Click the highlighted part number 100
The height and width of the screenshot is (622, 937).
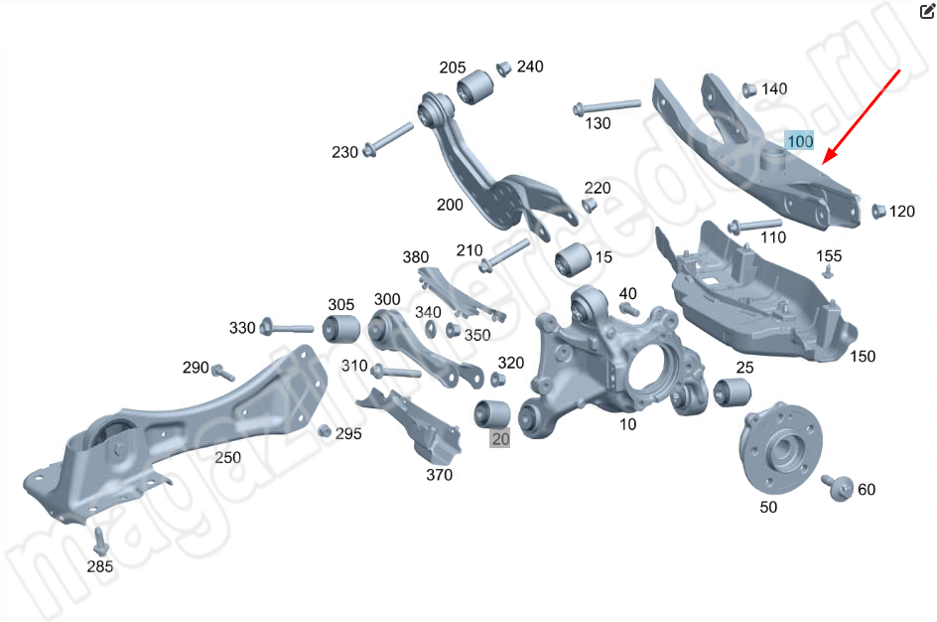click(x=800, y=141)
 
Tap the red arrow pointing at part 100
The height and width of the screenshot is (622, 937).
click(x=862, y=116)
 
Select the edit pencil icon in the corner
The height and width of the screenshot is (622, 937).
click(x=927, y=11)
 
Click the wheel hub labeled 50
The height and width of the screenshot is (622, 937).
click(x=781, y=447)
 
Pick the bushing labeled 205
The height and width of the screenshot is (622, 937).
click(x=475, y=87)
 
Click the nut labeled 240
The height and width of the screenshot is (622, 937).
click(x=503, y=69)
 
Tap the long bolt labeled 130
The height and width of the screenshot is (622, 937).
click(x=605, y=107)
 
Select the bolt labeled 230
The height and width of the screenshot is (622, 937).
click(x=388, y=139)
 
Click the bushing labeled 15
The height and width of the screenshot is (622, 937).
click(x=573, y=259)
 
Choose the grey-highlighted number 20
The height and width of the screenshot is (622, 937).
click(x=500, y=439)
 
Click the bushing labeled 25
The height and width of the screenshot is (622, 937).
click(x=733, y=392)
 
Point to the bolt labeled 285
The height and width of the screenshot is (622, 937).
click(x=100, y=542)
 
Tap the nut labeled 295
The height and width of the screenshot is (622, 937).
click(x=324, y=430)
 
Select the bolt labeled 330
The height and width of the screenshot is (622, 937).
click(x=287, y=327)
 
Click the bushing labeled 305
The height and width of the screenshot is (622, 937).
click(x=341, y=328)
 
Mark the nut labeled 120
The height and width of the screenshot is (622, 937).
click(x=877, y=211)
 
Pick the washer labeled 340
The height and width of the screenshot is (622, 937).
click(x=430, y=328)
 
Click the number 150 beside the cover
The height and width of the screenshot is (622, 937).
click(x=863, y=357)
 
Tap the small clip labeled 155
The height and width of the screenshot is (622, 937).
click(x=828, y=272)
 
